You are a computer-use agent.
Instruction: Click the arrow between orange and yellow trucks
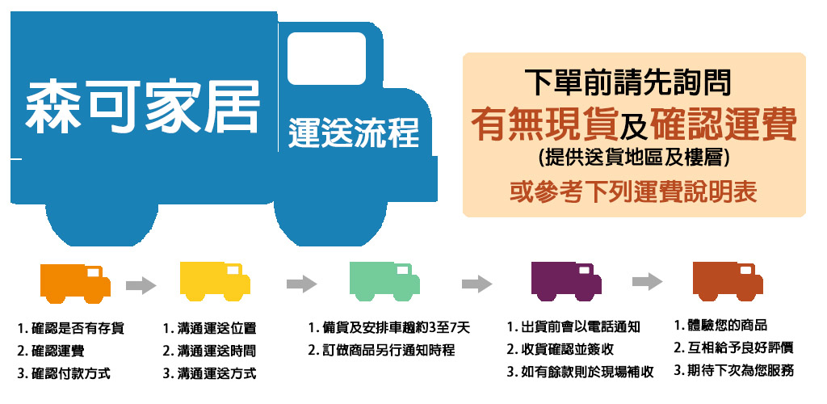click(x=141, y=284)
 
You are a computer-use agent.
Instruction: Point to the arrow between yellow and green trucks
click(x=301, y=284)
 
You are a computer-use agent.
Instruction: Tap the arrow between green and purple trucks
click(x=476, y=284)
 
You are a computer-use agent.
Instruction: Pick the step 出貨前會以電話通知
click(x=574, y=327)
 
